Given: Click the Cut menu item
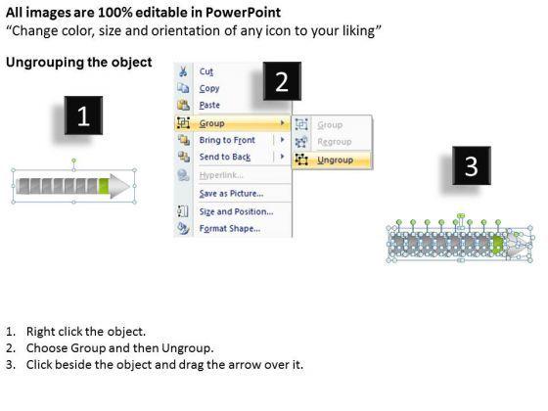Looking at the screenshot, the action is [206, 71].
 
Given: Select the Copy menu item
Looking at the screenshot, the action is [209, 88].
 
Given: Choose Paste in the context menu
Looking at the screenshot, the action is [209, 105].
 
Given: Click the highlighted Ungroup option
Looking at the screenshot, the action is [335, 160].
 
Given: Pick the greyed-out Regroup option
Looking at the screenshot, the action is [335, 142].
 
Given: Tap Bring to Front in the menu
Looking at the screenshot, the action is [227, 140].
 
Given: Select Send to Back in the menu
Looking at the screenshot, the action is [225, 157].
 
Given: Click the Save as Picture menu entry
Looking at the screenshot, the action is [231, 194].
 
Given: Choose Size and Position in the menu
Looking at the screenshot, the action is [236, 211].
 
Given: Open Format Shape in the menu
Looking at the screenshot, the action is [230, 229].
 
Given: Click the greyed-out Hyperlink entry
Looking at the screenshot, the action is [221, 175].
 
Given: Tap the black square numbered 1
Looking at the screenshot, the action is [83, 115].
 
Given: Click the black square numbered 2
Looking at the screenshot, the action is [282, 81].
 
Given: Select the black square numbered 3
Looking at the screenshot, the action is [472, 165].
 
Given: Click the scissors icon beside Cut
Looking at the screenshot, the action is [183, 71].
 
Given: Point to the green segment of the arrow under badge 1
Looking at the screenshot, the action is [104, 186].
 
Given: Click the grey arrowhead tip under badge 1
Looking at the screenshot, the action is [129, 186].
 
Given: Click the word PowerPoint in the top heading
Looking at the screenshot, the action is [243, 13].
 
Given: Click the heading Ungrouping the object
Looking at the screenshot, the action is [79, 63].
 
